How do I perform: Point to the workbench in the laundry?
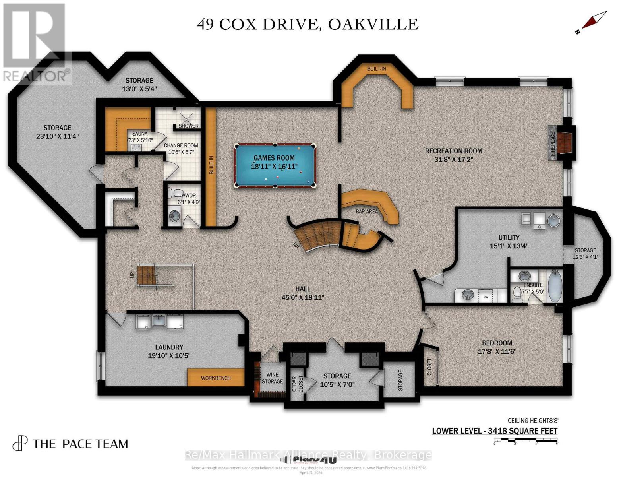[x=215, y=378]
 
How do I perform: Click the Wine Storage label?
[x=272, y=378]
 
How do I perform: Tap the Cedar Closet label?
[x=297, y=384]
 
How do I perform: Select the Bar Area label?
[x=366, y=211]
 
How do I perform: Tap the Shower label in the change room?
[x=188, y=126]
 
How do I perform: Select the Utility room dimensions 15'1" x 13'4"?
[x=509, y=246]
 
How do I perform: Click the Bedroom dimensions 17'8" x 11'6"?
[x=497, y=351]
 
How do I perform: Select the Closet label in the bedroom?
[x=429, y=367]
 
